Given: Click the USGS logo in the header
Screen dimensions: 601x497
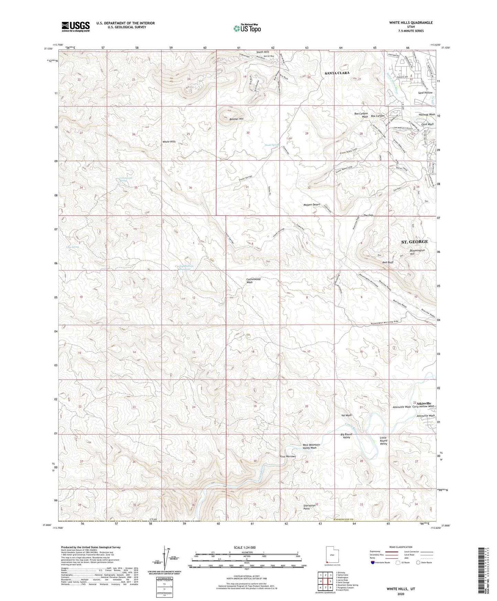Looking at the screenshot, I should coord(76,27).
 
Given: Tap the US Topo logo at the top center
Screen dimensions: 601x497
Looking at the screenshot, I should coord(247,29).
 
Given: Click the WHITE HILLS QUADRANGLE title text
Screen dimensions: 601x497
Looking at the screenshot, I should coord(411,23).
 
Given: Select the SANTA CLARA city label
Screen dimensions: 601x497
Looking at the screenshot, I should coord(337,73).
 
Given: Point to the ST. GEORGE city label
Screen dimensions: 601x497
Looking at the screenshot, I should coord(414,242).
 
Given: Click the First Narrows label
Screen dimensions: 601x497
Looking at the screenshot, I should coord(288,456).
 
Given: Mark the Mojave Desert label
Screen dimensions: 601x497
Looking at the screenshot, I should coord(312,204).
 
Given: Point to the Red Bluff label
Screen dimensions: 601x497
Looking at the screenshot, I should coord(388,262).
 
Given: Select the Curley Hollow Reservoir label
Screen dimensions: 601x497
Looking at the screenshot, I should coord(184,267).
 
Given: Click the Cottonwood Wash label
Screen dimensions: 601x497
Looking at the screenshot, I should coord(253,281).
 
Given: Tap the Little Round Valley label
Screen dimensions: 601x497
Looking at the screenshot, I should coord(383,441).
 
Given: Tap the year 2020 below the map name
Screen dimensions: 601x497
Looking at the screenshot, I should coord(400,594).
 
